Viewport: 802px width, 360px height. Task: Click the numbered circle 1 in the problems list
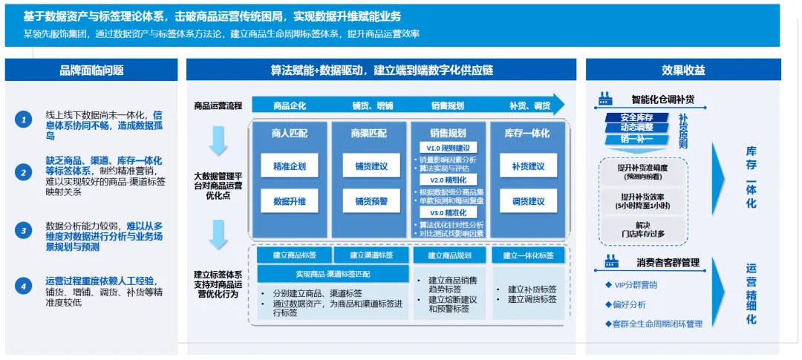tap(25, 120)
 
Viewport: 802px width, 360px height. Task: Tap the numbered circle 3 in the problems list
tap(25, 231)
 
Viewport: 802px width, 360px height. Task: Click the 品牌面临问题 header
tap(91, 71)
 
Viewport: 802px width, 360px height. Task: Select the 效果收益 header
tap(682, 71)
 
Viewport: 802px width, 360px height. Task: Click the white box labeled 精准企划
tap(290, 166)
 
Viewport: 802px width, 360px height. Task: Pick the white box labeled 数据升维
tap(290, 201)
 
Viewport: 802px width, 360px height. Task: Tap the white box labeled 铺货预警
tap(371, 201)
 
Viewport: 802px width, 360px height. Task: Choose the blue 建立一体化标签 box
tap(528, 255)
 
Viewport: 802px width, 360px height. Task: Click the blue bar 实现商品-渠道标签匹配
tap(333, 275)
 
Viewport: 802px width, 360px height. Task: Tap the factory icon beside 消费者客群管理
tap(611, 262)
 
